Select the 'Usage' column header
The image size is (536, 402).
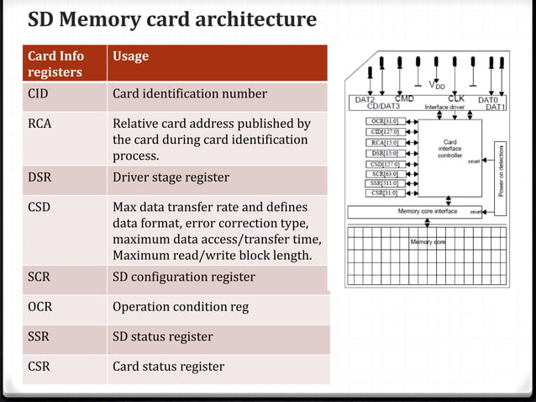pos(130,56)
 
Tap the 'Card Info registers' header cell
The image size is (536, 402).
pos(55,64)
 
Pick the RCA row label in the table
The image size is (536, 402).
pos(39,124)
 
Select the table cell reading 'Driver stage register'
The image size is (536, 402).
pos(171,177)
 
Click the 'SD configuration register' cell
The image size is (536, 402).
pos(183,277)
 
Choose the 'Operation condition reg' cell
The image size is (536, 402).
pos(181,307)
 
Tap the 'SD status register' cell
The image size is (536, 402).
pos(163,336)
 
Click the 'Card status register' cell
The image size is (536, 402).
pos(168,366)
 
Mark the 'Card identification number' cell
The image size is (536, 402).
pos(190,93)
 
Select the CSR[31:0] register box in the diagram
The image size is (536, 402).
pos(384,193)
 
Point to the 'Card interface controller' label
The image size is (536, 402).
pos(449,149)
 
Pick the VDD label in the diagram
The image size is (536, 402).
pos(437,85)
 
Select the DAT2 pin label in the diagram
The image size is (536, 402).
pos(365,99)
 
